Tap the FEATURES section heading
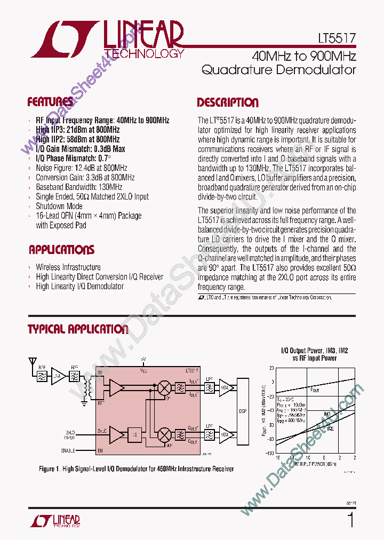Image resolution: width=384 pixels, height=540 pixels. click(50, 102)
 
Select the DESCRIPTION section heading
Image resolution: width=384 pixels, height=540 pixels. click(228, 103)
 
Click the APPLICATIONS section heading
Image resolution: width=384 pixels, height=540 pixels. click(61, 250)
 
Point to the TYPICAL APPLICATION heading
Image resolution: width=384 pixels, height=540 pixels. click(78, 329)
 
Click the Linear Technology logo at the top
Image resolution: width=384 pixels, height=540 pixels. click(107, 39)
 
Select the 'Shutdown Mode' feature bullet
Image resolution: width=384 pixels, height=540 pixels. click(59, 207)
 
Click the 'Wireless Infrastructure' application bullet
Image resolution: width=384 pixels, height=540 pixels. click(68, 267)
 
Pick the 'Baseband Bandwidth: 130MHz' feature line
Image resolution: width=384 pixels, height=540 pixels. click(78, 187)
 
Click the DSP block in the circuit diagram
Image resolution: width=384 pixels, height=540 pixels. click(243, 411)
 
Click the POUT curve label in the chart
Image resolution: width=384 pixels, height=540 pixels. click(315, 390)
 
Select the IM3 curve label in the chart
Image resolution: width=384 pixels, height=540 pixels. click(327, 414)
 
